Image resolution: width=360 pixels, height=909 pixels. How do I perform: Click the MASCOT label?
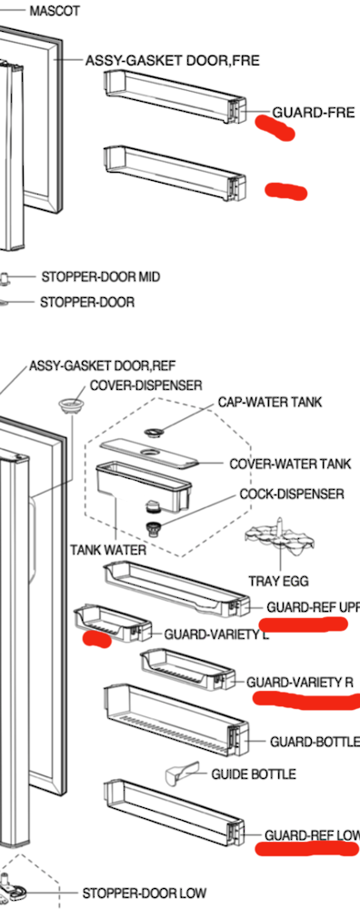55,12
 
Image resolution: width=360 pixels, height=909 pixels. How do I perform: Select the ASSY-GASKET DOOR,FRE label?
172,61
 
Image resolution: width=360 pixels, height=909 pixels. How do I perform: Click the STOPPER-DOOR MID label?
100,276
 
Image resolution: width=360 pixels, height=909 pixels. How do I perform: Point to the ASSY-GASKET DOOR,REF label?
102,365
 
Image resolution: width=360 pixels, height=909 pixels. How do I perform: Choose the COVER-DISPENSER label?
145,385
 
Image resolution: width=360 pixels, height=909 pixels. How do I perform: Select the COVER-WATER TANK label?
290,464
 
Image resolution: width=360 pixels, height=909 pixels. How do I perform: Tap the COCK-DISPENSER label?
292,494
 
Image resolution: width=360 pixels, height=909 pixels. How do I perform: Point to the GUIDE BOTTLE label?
253,774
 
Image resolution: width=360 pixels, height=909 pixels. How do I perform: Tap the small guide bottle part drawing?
181,774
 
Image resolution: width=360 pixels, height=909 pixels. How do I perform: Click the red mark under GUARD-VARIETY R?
305,700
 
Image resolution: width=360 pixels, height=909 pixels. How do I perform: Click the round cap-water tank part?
157,430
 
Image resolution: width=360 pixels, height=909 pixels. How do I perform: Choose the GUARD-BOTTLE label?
314,742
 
